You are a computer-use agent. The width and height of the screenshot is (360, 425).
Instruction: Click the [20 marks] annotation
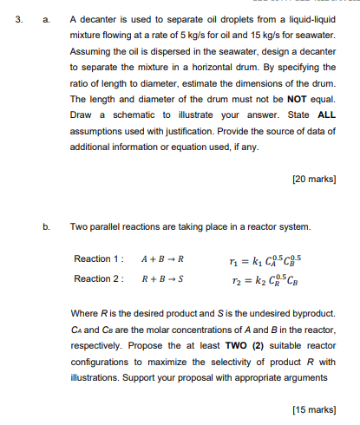313,180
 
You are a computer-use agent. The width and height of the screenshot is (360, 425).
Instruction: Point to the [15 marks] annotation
313,408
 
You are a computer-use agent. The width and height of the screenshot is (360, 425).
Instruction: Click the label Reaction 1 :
100,259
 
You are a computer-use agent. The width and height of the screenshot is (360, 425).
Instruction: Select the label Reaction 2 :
100,278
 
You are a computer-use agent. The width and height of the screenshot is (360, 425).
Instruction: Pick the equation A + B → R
162,259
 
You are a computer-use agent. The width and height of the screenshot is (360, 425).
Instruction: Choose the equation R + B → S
162,278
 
